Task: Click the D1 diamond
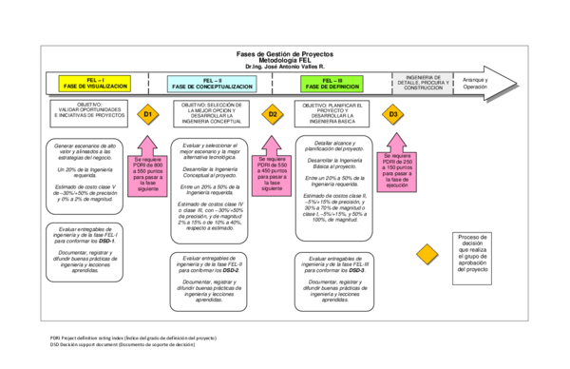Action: (146, 115)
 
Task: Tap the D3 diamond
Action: (393, 115)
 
